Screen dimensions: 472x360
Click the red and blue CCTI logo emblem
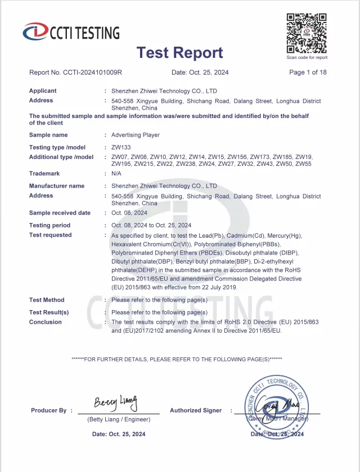coord(35,32)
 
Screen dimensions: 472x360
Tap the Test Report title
coord(179,53)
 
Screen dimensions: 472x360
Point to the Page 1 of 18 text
coord(308,72)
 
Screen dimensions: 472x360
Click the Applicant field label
coord(43,91)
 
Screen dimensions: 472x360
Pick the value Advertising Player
coord(136,135)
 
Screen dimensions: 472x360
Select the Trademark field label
coord(44,174)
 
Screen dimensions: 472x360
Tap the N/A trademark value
coord(116,174)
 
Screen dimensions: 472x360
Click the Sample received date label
coord(60,214)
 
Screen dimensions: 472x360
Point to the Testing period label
coord(49,225)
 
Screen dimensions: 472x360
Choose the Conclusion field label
coord(46,323)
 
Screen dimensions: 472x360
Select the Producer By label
coord(49,411)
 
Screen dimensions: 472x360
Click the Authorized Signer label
coord(196,411)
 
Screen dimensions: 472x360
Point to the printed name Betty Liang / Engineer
coord(119,420)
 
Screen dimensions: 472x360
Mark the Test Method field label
coord(47,300)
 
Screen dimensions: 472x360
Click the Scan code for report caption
coord(307,57)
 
